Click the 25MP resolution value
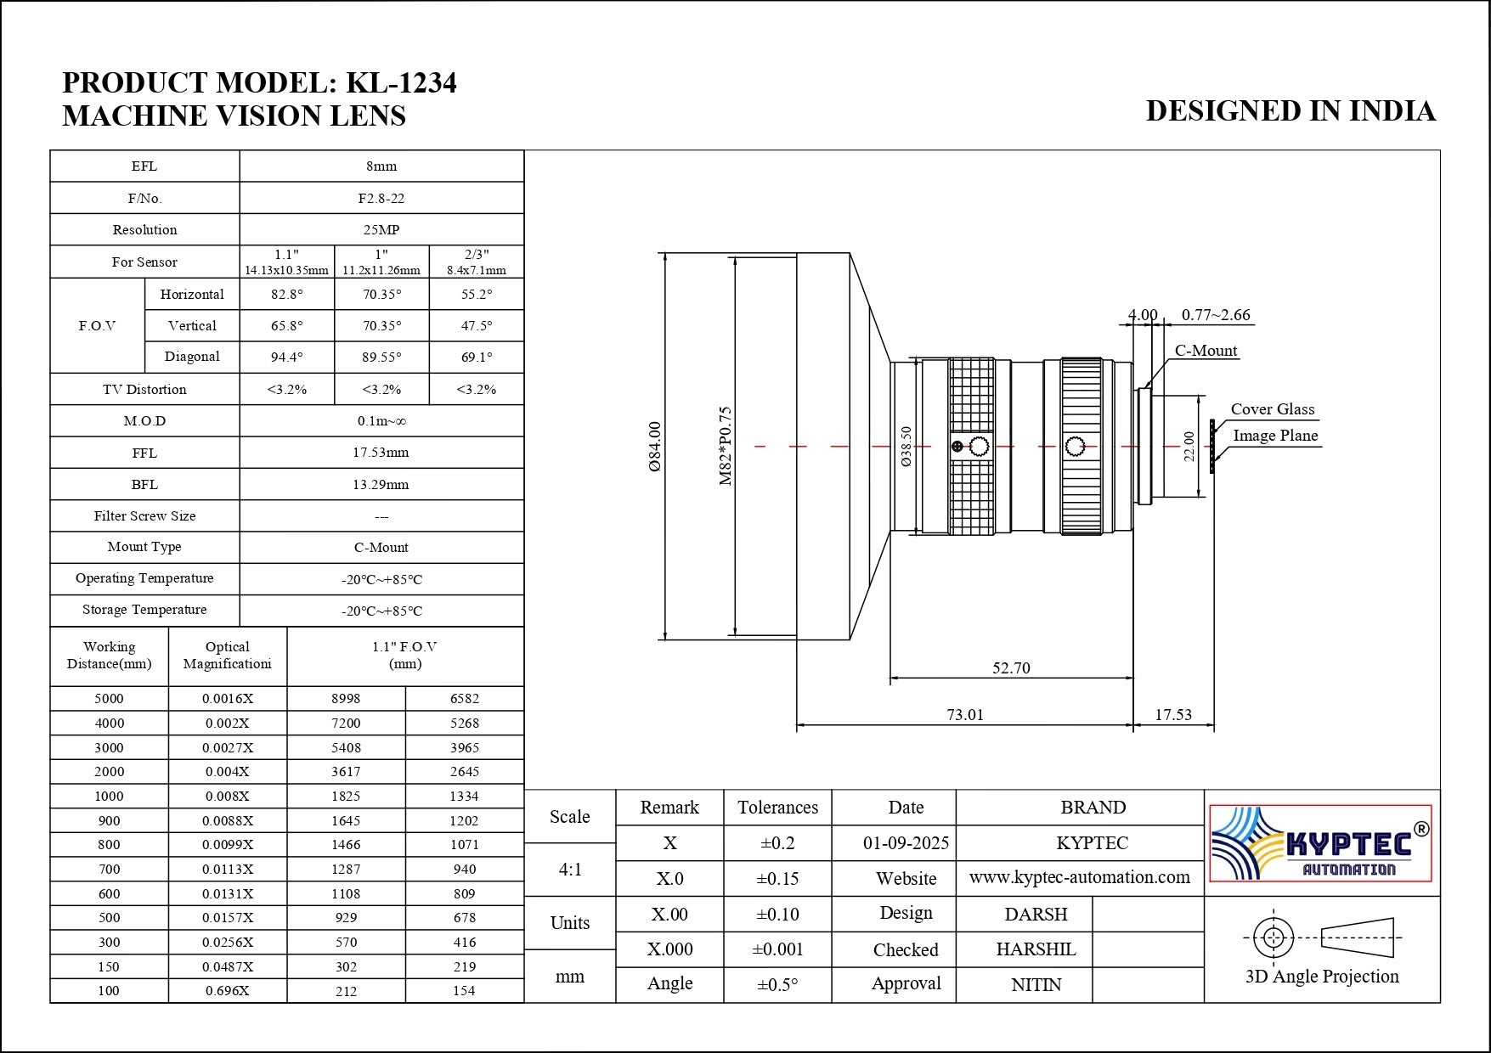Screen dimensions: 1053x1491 pyautogui.click(x=381, y=230)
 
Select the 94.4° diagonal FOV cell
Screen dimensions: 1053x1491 pyautogui.click(x=286, y=358)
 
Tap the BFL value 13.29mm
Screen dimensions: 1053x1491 pyautogui.click(x=381, y=485)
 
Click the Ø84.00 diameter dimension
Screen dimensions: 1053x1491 pyautogui.click(x=655, y=447)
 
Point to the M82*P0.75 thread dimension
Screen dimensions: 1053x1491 pyautogui.click(x=726, y=446)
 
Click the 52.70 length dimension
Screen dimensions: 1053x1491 pyautogui.click(x=1011, y=668)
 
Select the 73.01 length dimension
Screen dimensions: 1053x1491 pyautogui.click(x=965, y=715)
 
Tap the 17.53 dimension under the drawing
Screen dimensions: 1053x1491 pyautogui.click(x=1173, y=715)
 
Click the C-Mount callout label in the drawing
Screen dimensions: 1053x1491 pyautogui.click(x=1206, y=351)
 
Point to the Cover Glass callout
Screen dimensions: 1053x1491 pyautogui.click(x=1272, y=409)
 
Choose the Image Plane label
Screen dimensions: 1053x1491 pyautogui.click(x=1275, y=436)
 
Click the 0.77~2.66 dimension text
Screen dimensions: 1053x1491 pyautogui.click(x=1216, y=315)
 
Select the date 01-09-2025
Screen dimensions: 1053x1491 pyautogui.click(x=906, y=843)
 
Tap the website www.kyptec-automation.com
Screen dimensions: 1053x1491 pyautogui.click(x=1079, y=878)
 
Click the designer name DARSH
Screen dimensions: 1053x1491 pyautogui.click(x=1036, y=915)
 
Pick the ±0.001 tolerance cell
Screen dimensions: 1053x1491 pyautogui.click(x=777, y=949)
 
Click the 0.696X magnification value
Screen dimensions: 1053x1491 pyautogui.click(x=228, y=991)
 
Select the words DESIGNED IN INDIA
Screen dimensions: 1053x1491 pyautogui.click(x=1290, y=111)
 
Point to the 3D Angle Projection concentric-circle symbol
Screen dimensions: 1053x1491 pyautogui.click(x=1274, y=938)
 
